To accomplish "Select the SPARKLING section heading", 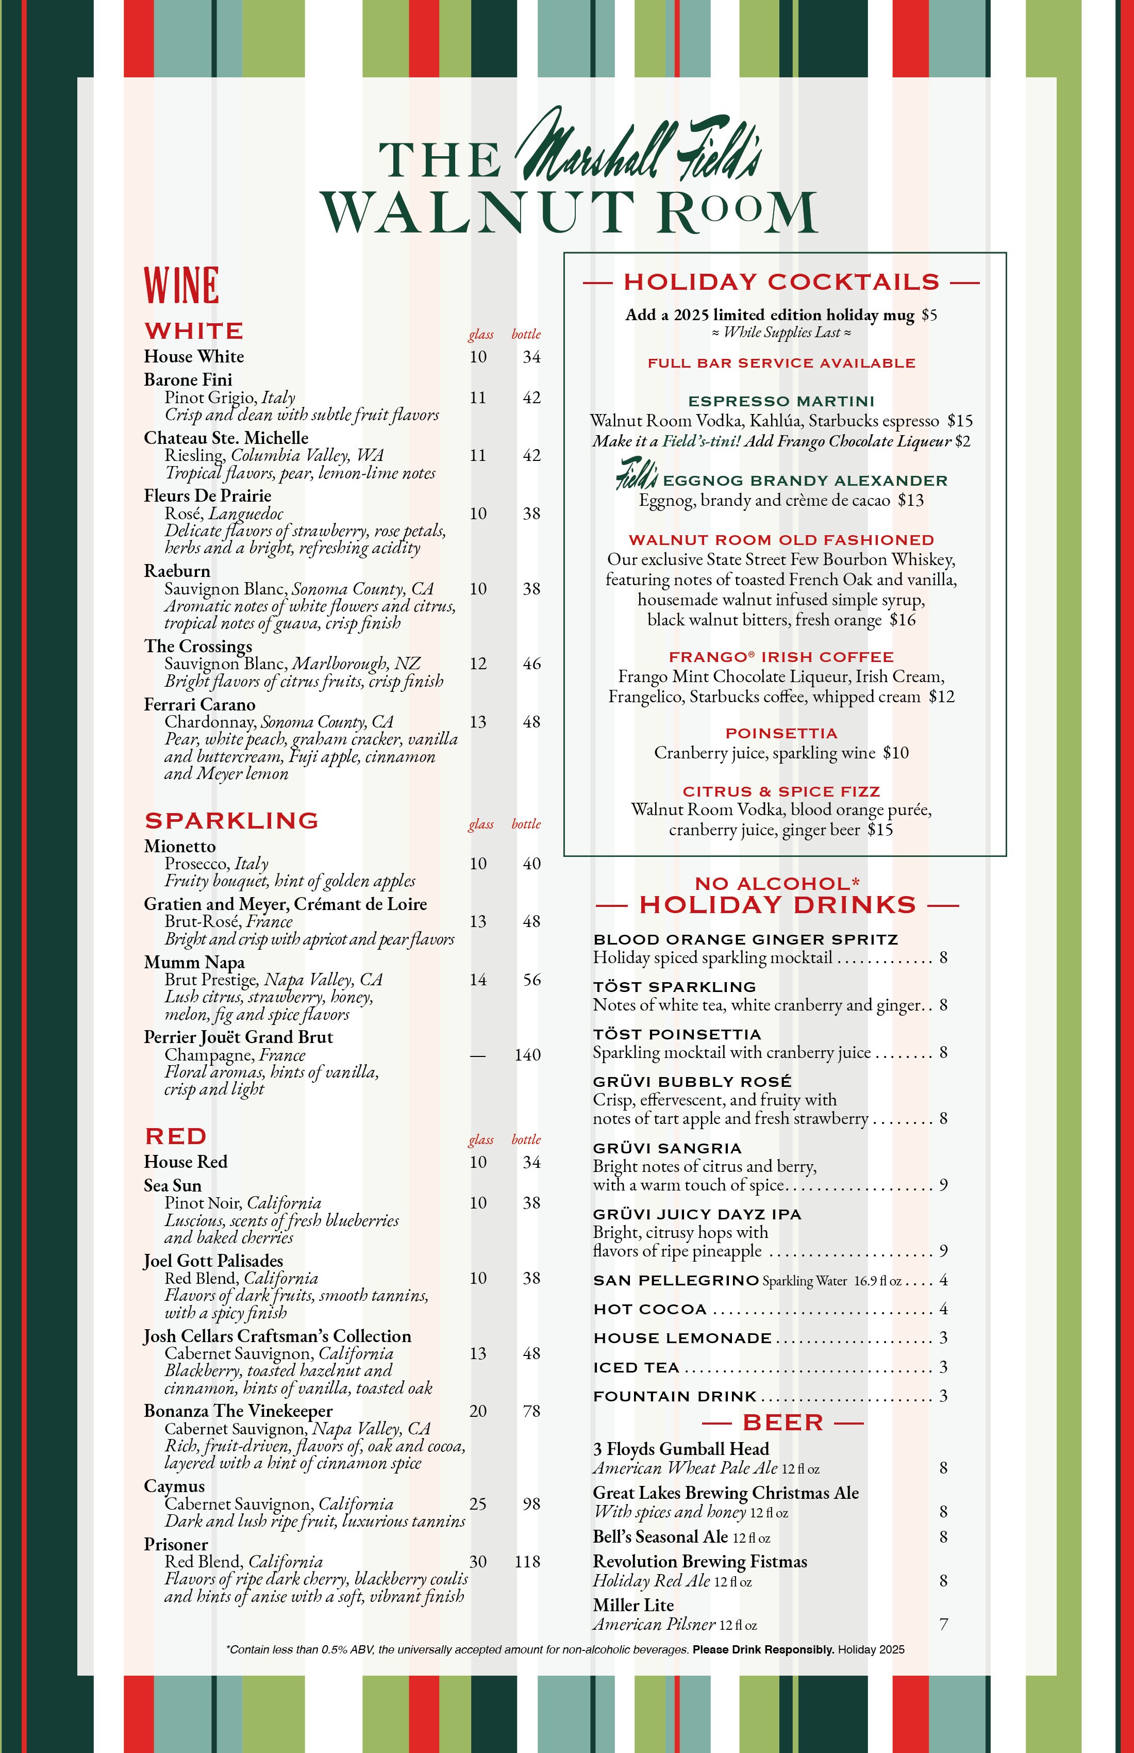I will (231, 820).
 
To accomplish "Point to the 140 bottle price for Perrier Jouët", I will (527, 1055).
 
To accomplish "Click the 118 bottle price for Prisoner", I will (527, 1562).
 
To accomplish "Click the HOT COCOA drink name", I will (649, 1310).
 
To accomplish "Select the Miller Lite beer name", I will (633, 1605).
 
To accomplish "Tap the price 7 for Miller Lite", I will (943, 1624).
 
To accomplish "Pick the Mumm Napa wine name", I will (194, 962).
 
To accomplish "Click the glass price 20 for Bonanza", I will (478, 1411).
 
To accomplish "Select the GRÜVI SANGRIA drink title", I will (667, 1148).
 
